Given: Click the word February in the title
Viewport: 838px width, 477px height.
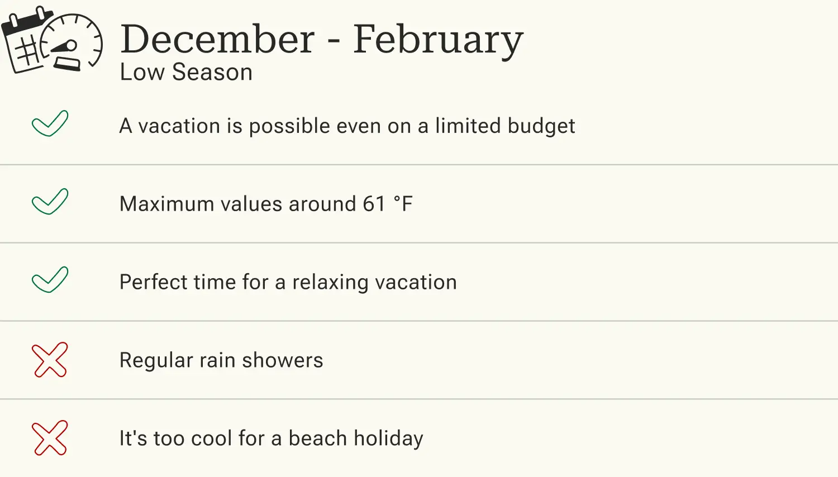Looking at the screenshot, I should (438, 40).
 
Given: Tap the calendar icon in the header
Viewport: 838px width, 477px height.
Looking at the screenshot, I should (25, 42).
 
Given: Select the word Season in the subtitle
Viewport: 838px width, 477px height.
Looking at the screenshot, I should (212, 73).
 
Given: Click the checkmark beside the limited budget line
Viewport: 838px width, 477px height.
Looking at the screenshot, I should (50, 123).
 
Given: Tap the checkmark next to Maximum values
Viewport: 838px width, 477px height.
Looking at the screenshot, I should (50, 202).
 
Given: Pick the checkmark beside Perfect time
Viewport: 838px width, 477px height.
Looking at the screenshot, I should (50, 280).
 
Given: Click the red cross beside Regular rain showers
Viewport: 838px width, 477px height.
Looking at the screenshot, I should (50, 360).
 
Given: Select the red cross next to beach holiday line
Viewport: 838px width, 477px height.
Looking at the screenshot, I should (50, 438).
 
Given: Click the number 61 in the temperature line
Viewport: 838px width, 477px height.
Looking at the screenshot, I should (374, 204).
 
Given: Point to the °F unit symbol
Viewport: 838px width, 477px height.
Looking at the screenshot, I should (403, 204).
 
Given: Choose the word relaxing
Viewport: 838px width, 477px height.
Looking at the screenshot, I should (330, 283).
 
